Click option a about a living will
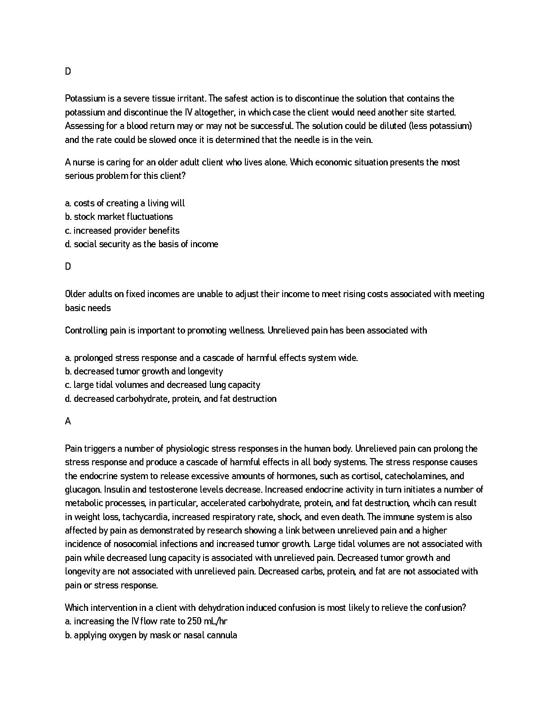pos(125,203)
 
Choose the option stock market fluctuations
pos(119,217)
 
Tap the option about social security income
pos(142,244)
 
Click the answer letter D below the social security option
pos(68,267)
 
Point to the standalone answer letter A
pos(68,421)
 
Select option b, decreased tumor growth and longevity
pos(144,371)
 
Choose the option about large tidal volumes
pos(163,385)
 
